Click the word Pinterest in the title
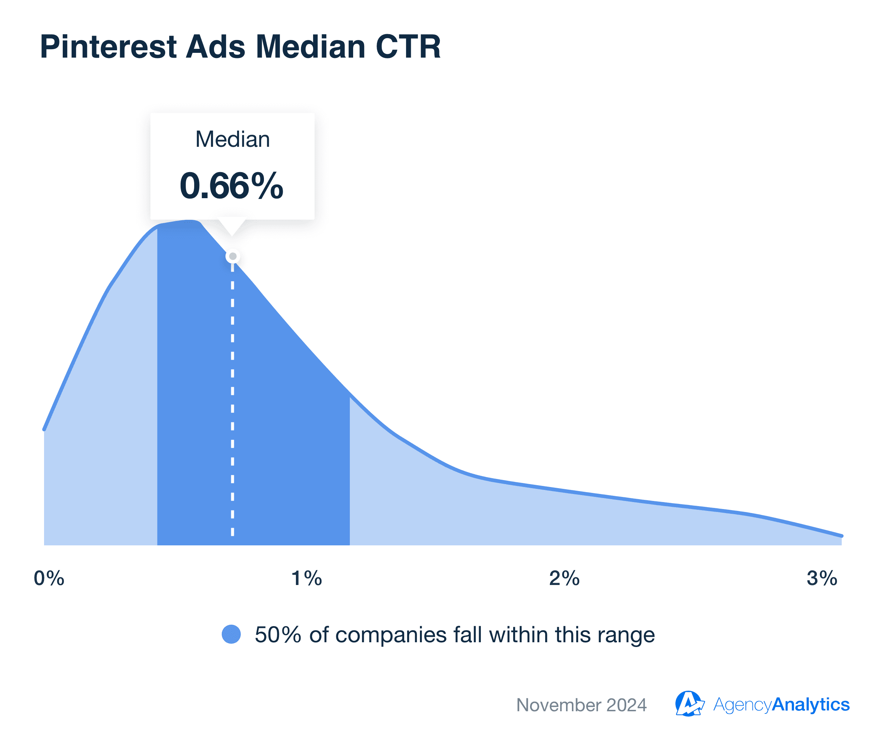click(x=108, y=47)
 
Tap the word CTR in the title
click(x=408, y=47)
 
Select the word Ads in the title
click(x=215, y=47)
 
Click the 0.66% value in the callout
click(x=232, y=186)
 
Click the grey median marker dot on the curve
click(x=233, y=256)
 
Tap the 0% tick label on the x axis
click(x=49, y=578)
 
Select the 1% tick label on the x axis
click(x=307, y=578)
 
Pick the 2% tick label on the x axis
click(x=564, y=578)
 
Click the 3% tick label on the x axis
click(x=822, y=578)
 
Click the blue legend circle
click(x=231, y=634)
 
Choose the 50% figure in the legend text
click(x=278, y=635)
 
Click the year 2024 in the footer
click(x=626, y=705)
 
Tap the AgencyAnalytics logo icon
click(x=689, y=704)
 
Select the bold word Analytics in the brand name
click(x=811, y=705)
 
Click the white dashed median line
click(x=233, y=399)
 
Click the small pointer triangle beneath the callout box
click(x=232, y=227)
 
